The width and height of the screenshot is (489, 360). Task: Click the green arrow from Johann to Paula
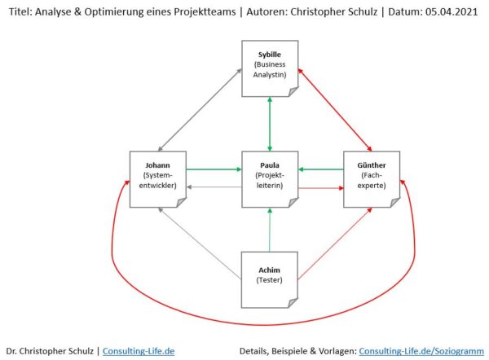pyautogui.click(x=214, y=169)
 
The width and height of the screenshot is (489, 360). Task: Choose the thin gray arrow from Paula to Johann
pyautogui.click(x=214, y=187)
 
